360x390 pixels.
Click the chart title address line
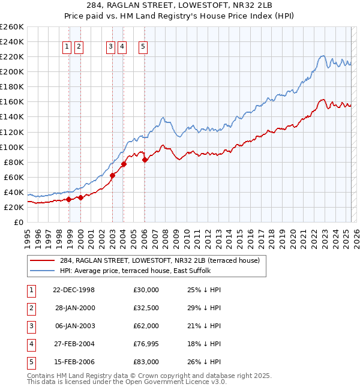179,8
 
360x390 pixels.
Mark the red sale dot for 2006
145,160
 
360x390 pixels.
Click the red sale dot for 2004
124,164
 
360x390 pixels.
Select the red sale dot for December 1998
69,199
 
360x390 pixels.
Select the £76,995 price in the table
146,344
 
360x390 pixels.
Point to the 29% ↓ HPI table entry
204,308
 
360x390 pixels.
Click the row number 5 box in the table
31,362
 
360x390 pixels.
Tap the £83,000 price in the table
146,362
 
